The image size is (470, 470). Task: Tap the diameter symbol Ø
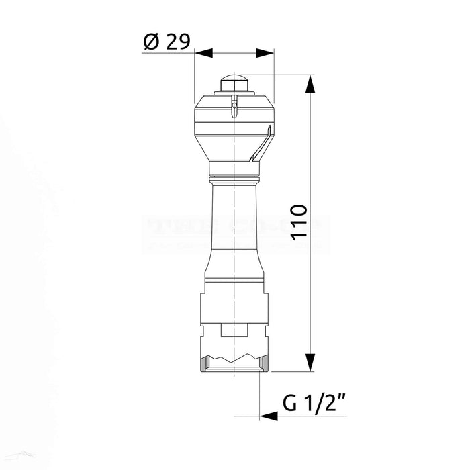tap(150, 42)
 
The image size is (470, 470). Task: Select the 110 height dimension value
tap(300, 222)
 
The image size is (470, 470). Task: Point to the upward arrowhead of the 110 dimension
tap(310, 84)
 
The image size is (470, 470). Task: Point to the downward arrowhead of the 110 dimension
tap(310, 363)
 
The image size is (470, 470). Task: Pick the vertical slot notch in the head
tap(234, 107)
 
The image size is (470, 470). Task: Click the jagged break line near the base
tap(234, 352)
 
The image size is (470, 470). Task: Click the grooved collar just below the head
tap(234, 178)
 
